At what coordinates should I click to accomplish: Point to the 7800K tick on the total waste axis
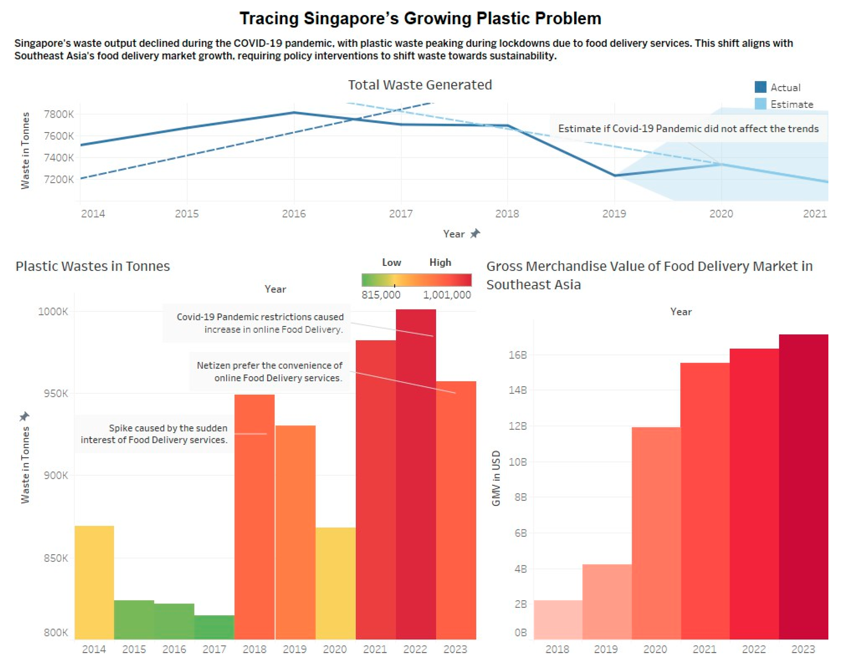pos(59,114)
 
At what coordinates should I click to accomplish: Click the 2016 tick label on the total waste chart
pos(294,214)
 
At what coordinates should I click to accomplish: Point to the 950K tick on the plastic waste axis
pos(56,394)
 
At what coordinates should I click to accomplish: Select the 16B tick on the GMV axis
pos(518,355)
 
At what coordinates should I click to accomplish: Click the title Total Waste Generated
pos(420,85)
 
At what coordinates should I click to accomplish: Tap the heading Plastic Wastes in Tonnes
pos(92,266)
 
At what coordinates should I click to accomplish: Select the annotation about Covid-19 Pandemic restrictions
pos(260,323)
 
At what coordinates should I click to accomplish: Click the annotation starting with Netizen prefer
pos(269,372)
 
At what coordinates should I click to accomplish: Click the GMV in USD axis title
pos(496,478)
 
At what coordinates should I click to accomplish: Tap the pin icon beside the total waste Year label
pos(475,234)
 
